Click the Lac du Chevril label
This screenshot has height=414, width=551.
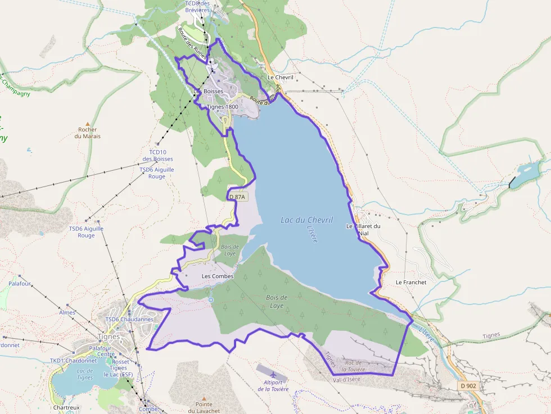[307, 220]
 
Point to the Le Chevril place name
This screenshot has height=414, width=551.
[281, 78]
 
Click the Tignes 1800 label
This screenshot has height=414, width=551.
[223, 107]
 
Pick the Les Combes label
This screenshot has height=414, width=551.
[217, 276]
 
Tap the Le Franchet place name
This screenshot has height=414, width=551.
[411, 282]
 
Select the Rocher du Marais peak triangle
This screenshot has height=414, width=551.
[87, 123]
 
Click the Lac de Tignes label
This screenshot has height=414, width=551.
[85, 374]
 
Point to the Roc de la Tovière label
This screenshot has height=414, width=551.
[353, 366]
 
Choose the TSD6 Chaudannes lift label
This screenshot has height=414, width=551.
[129, 319]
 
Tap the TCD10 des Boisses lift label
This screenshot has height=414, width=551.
[158, 156]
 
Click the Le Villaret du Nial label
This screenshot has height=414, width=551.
[363, 229]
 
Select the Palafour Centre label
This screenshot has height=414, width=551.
[102, 351]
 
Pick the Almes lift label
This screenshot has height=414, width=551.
[67, 312]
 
